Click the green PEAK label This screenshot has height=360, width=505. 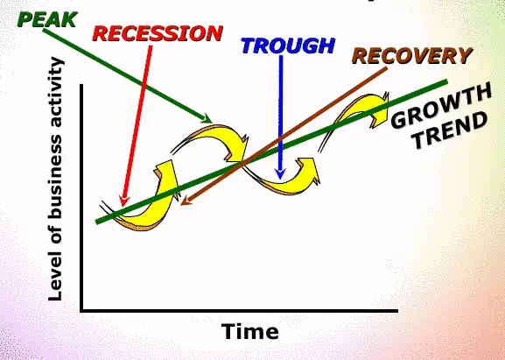tap(47, 19)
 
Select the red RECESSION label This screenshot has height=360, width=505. tap(158, 33)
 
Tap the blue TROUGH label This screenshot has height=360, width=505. tap(288, 46)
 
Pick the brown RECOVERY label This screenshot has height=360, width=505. tap(412, 55)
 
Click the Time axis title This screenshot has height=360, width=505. tap(250, 331)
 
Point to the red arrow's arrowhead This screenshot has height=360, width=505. tap(123, 201)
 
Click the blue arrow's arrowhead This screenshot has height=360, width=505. tap(280, 174)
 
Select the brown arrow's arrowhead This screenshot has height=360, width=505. tap(186, 201)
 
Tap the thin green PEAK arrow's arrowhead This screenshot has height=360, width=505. tap(207, 118)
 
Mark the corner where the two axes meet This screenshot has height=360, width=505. tap(81, 311)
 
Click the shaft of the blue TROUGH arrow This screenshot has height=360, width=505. tap(281, 112)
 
